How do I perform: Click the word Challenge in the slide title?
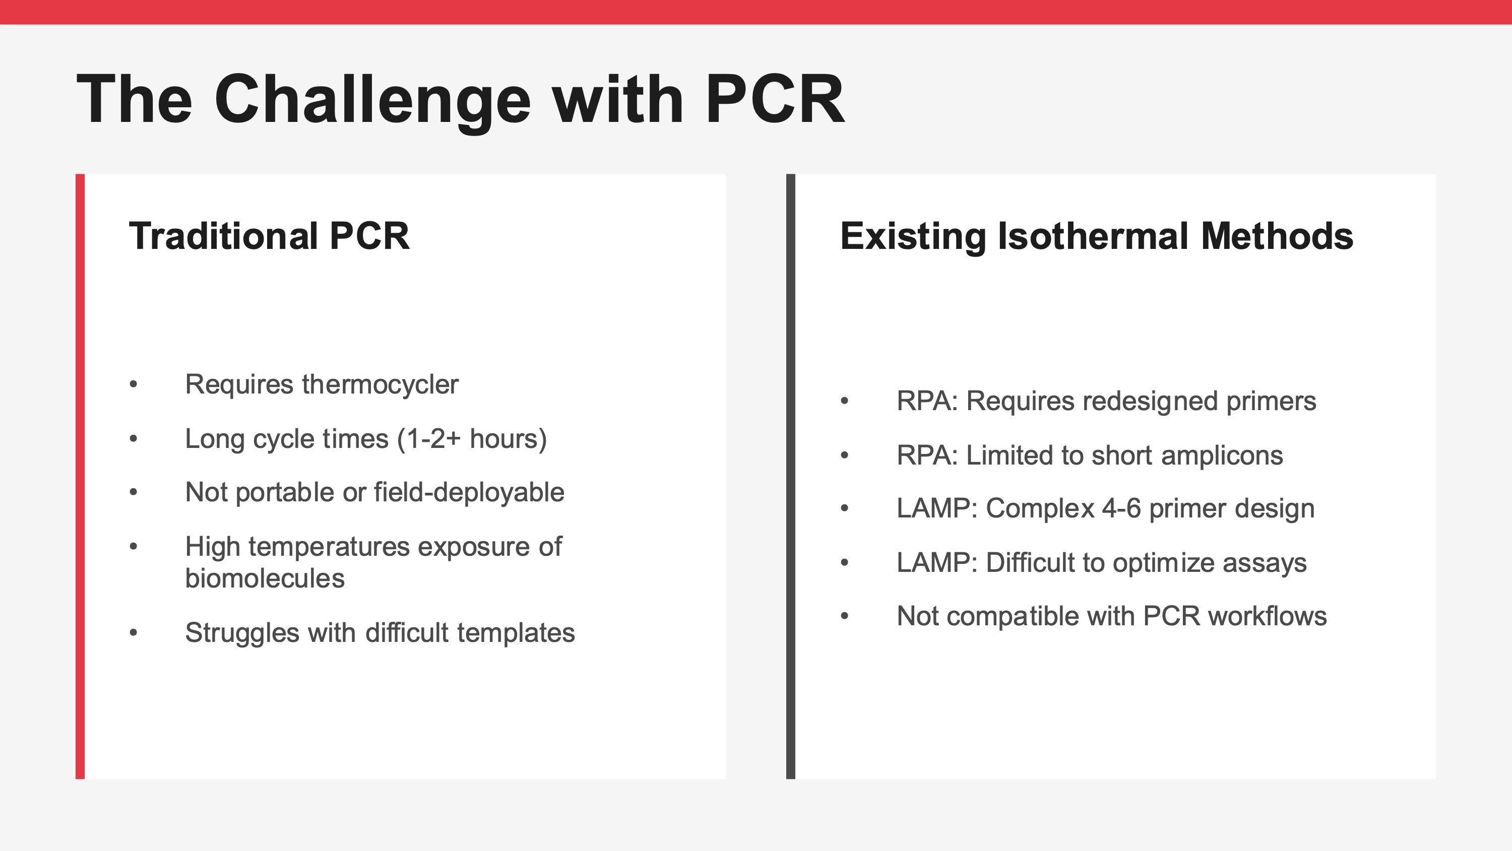tap(373, 100)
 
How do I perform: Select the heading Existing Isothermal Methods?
tap(1096, 236)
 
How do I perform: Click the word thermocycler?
tap(381, 384)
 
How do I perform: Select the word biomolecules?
tap(265, 578)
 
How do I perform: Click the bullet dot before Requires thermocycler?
tap(134, 385)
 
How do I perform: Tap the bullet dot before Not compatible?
tap(845, 616)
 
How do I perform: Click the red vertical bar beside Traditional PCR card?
tap(80, 477)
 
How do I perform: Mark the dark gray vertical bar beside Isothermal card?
tap(791, 477)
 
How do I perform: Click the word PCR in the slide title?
tap(775, 100)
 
